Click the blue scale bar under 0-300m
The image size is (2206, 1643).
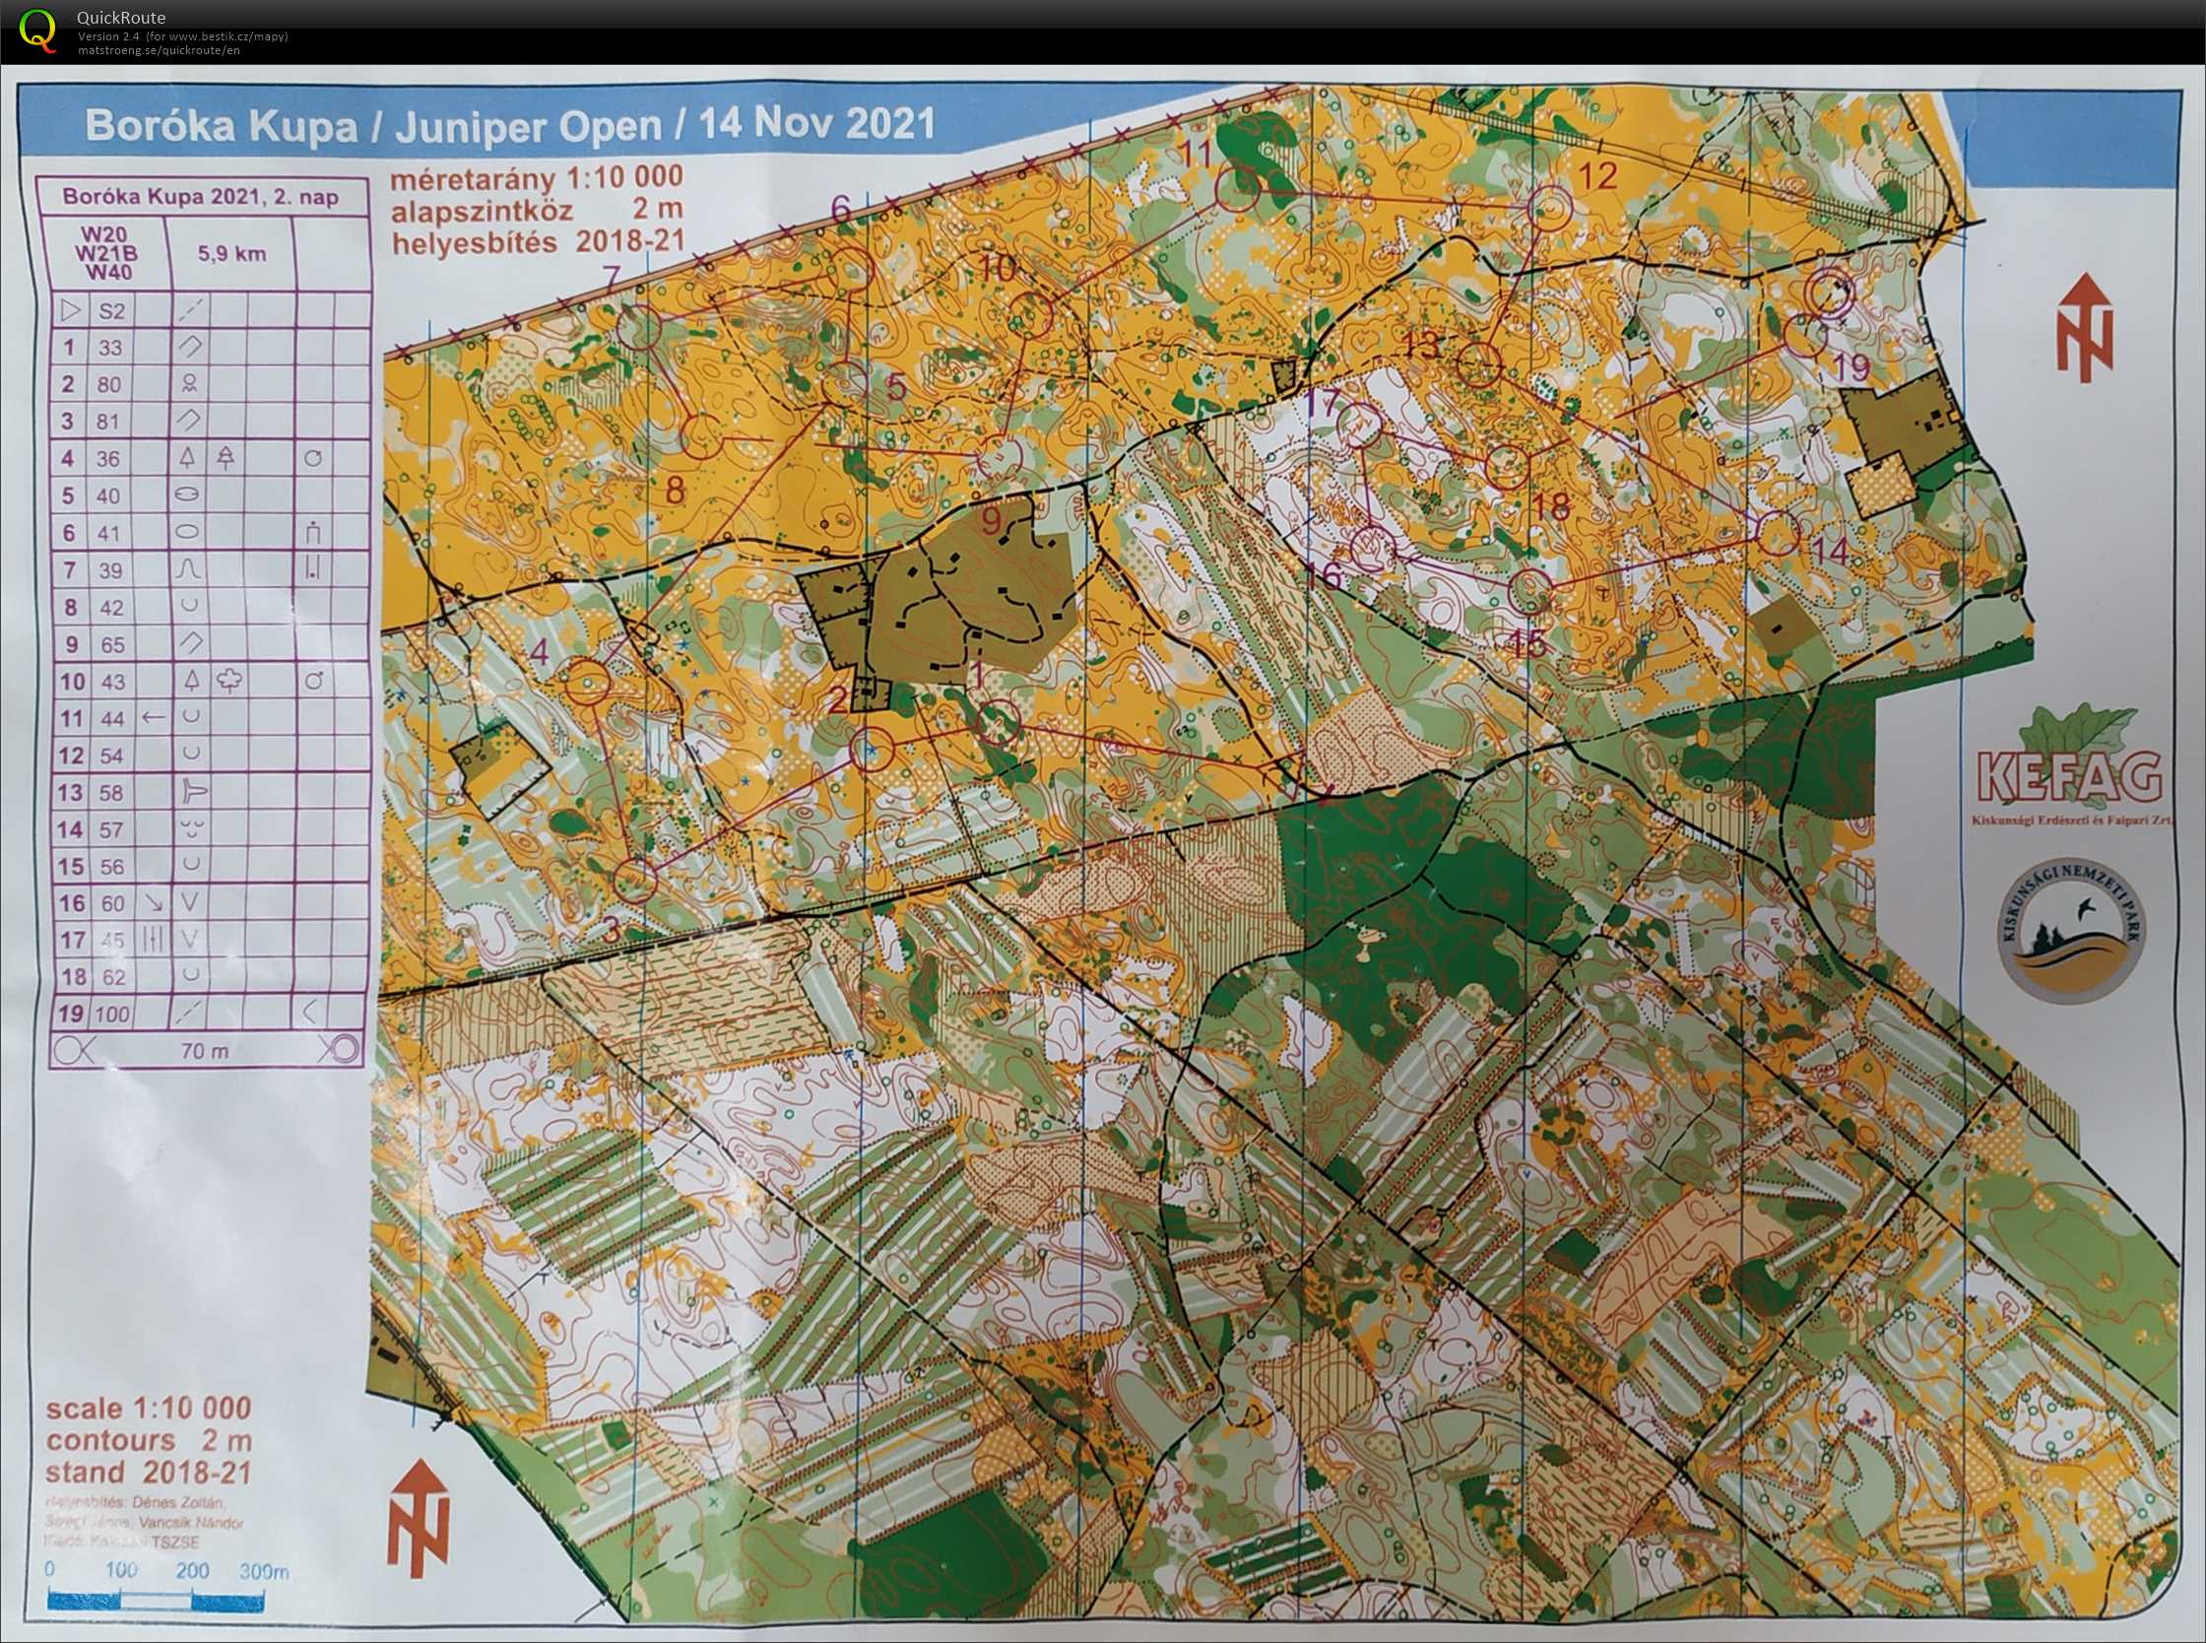(x=156, y=1601)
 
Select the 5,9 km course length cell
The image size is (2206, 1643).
(x=231, y=253)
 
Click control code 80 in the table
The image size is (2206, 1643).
(x=109, y=385)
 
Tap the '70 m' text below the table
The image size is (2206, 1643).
(x=205, y=1050)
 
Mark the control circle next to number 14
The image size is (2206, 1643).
(x=1779, y=533)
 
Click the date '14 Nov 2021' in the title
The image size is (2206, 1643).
(x=817, y=124)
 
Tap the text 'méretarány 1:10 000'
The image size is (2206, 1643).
(x=537, y=178)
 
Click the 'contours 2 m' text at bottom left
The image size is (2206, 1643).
(x=149, y=1440)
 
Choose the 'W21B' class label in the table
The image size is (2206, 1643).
(x=108, y=253)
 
